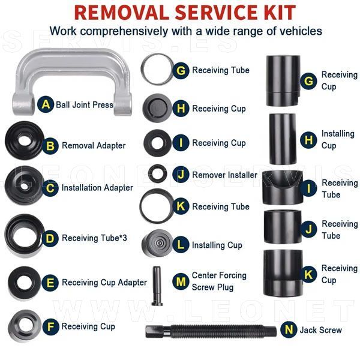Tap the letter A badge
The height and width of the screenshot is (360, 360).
[46, 104]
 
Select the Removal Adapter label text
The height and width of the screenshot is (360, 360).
[94, 146]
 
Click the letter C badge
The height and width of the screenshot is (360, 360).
[50, 188]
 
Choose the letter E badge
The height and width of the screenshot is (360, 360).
[50, 283]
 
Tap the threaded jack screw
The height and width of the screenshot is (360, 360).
[211, 331]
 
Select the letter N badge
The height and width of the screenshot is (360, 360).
[289, 329]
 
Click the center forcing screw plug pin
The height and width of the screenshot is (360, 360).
[157, 286]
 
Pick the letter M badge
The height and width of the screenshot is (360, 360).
[181, 281]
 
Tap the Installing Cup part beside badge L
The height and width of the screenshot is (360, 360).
[157, 244]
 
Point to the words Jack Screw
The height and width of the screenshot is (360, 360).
[321, 330]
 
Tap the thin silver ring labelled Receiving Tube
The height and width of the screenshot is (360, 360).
[143, 69]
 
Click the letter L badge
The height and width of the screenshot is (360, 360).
[181, 245]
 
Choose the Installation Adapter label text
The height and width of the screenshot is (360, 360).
[97, 188]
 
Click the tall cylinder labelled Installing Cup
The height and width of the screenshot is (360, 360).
[283, 139]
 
